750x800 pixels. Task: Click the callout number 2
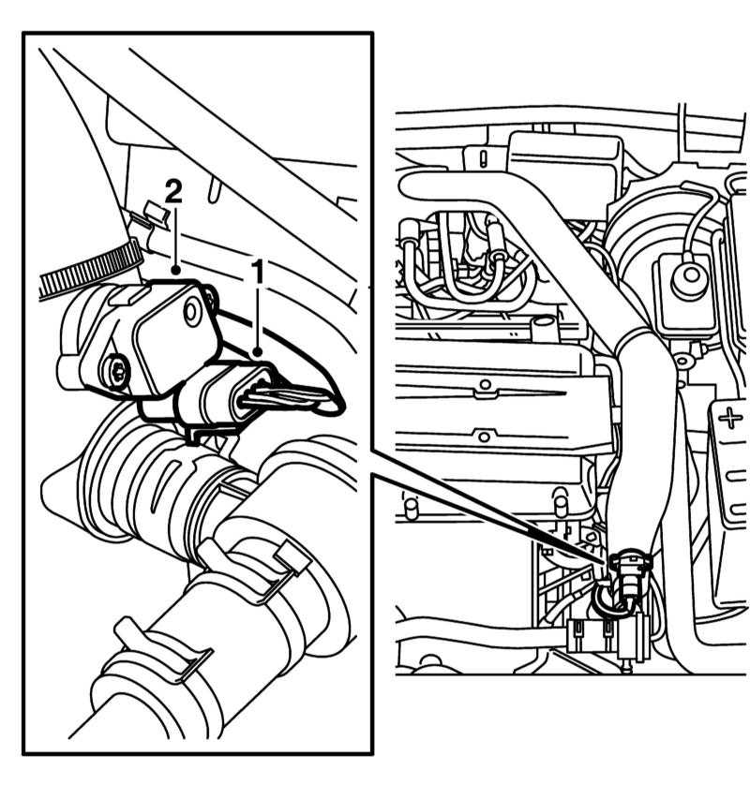[x=173, y=190]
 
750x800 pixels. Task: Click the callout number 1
[x=259, y=271]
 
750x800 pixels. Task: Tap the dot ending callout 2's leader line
[x=175, y=270]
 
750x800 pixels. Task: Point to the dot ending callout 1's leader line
[x=259, y=351]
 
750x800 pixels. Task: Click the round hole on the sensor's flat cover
[x=193, y=311]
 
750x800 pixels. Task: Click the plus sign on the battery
[x=730, y=419]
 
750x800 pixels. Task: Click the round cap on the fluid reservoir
[x=691, y=277]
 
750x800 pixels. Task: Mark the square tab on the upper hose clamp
[x=293, y=556]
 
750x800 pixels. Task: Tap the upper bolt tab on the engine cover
[x=485, y=387]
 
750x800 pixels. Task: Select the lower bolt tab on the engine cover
[x=484, y=437]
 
